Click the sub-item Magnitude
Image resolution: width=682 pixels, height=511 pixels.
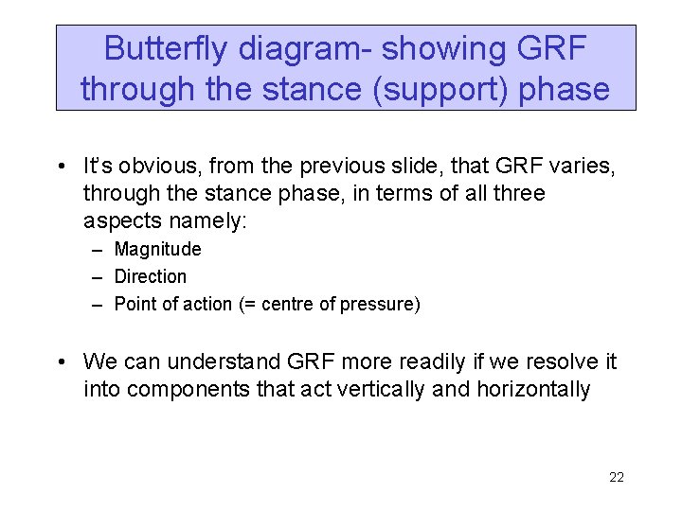pos(157,250)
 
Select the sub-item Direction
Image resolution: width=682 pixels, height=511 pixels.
pos(151,276)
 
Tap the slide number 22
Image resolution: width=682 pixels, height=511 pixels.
pos(616,477)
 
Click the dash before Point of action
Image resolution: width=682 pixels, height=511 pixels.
pos(99,304)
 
